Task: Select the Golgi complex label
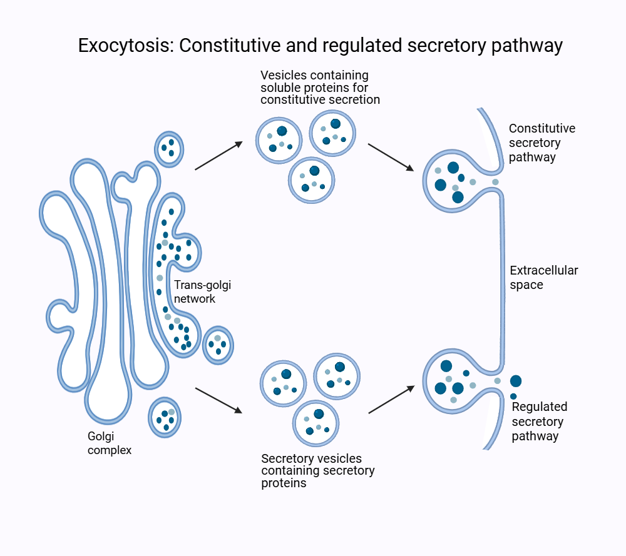pos(110,443)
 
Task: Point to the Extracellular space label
pos(544,278)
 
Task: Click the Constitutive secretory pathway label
pos(541,143)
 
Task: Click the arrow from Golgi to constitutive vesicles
pos(218,156)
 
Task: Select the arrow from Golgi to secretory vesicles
pos(218,400)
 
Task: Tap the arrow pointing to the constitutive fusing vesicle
pos(391,157)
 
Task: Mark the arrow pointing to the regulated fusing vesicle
pos(391,400)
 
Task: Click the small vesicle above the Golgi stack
pos(170,149)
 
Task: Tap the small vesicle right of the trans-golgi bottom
pos(218,345)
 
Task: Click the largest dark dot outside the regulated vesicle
pos(516,381)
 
